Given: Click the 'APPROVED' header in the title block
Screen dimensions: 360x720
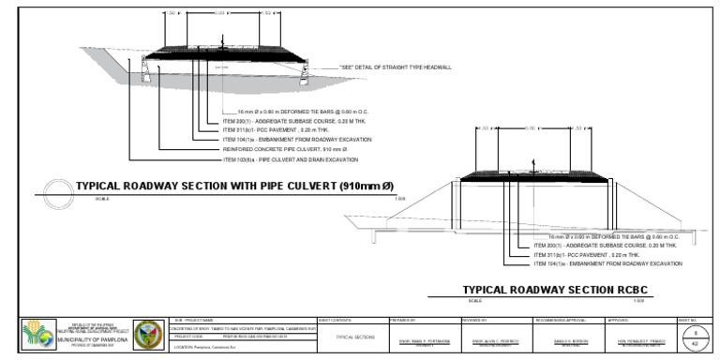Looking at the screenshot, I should click(x=619, y=320).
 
